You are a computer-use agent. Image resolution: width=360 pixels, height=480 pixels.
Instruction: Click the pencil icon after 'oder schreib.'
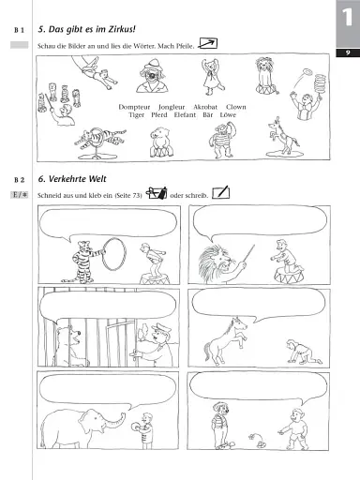[220, 193]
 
